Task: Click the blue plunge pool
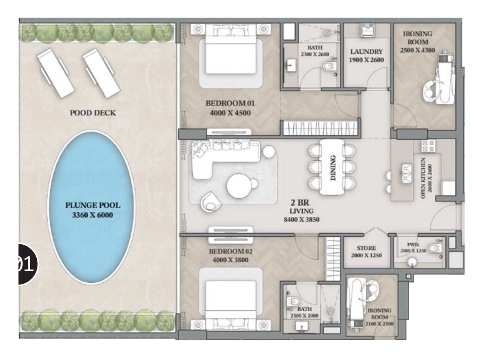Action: pos(91,207)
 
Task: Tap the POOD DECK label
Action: pos(93,113)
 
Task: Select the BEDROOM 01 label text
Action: pos(230,103)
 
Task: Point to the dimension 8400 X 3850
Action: pos(301,219)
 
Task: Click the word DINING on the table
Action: pos(333,168)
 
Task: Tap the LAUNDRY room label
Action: pos(366,52)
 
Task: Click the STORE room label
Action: pos(366,248)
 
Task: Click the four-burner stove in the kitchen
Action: pos(428,146)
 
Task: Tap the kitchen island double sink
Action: pos(407,174)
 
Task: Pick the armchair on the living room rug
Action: pos(210,202)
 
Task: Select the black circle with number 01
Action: pos(27,264)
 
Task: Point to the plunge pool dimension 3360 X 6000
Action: pos(93,215)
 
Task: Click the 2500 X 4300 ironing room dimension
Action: pos(417,50)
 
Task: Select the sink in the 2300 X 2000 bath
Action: pos(301,326)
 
